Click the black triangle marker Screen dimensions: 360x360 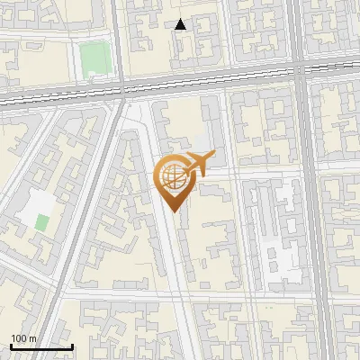181,25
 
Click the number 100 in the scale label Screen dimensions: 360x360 19,338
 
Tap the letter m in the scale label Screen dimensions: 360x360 32,338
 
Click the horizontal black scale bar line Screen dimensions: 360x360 41,346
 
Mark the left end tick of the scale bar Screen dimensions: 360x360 11,345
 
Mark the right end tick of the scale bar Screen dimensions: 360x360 72,345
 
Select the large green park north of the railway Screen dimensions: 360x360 93,59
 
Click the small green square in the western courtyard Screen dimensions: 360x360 40,220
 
